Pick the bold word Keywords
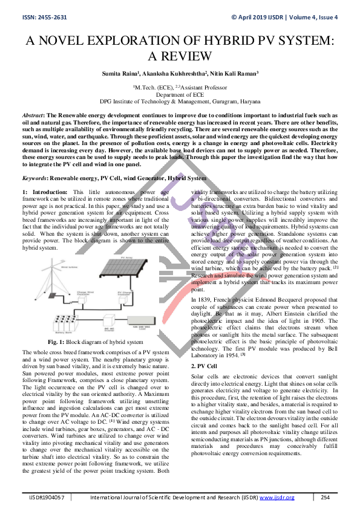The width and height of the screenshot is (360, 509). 34,178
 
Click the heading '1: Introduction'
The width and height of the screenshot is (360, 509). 40,192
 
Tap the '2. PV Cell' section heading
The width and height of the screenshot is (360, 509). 204,366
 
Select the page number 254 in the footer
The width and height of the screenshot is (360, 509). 325,498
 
